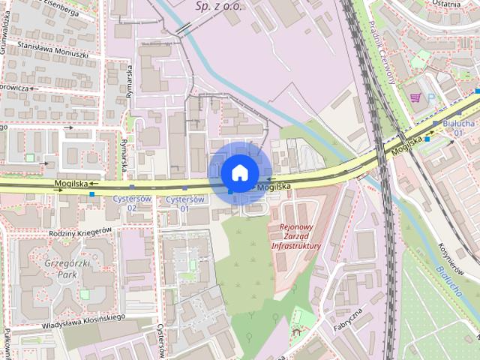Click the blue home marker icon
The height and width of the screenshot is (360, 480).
click(238, 172)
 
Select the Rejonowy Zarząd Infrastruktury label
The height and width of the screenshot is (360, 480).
click(295, 236)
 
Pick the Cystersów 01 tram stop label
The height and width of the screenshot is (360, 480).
click(185, 202)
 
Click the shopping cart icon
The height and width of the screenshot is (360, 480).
click(415, 97)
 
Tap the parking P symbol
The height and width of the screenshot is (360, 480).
click(431, 97)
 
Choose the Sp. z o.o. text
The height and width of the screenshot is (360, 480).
click(217, 5)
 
